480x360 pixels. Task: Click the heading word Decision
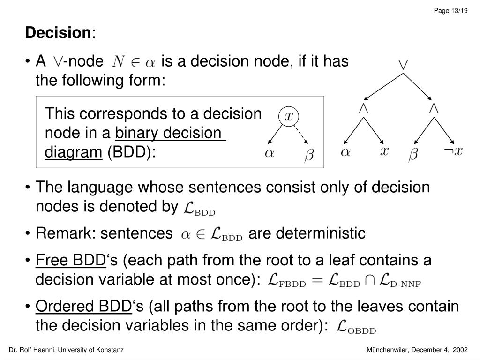click(58, 33)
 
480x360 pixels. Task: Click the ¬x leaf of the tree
click(453, 151)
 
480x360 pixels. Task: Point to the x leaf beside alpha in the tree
click(384, 151)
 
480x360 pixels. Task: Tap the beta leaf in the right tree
click(413, 154)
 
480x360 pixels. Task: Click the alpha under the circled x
click(270, 154)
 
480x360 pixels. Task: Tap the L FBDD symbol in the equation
click(286, 281)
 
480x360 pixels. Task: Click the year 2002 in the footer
click(460, 350)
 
